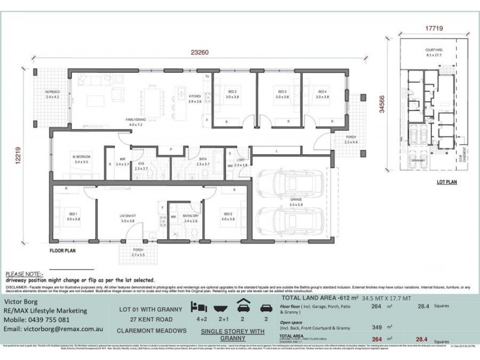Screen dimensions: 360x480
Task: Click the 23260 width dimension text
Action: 200,53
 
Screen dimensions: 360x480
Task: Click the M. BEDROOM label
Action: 80,159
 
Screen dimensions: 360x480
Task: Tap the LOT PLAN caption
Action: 447,180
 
